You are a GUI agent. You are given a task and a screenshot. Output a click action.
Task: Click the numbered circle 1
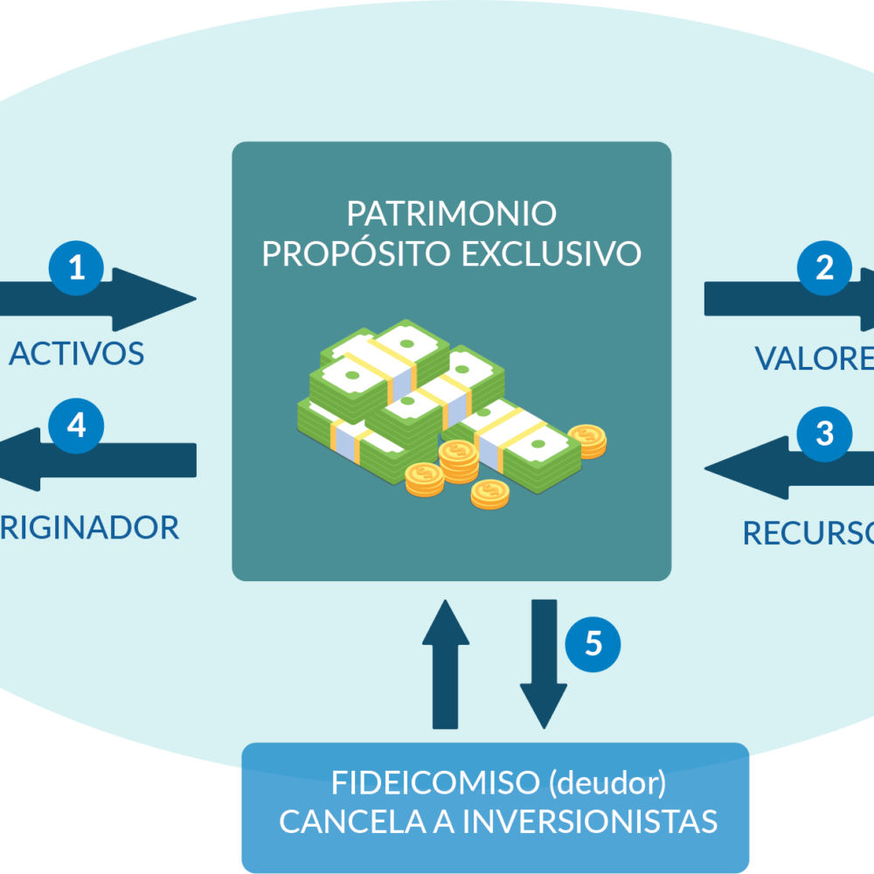click(x=76, y=267)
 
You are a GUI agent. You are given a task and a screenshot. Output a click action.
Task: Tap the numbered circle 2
click(x=824, y=268)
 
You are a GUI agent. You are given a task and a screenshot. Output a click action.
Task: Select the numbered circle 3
click(x=824, y=434)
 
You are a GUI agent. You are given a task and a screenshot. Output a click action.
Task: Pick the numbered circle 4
click(x=76, y=426)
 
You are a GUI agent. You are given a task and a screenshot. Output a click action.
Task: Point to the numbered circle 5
click(x=593, y=644)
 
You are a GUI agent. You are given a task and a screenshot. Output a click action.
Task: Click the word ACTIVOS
click(x=76, y=353)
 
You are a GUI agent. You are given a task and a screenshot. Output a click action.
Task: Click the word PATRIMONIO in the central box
click(x=451, y=214)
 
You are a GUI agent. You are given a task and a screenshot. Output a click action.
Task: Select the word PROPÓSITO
click(x=357, y=253)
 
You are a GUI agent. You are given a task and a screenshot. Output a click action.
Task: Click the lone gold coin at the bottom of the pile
click(x=489, y=494)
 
